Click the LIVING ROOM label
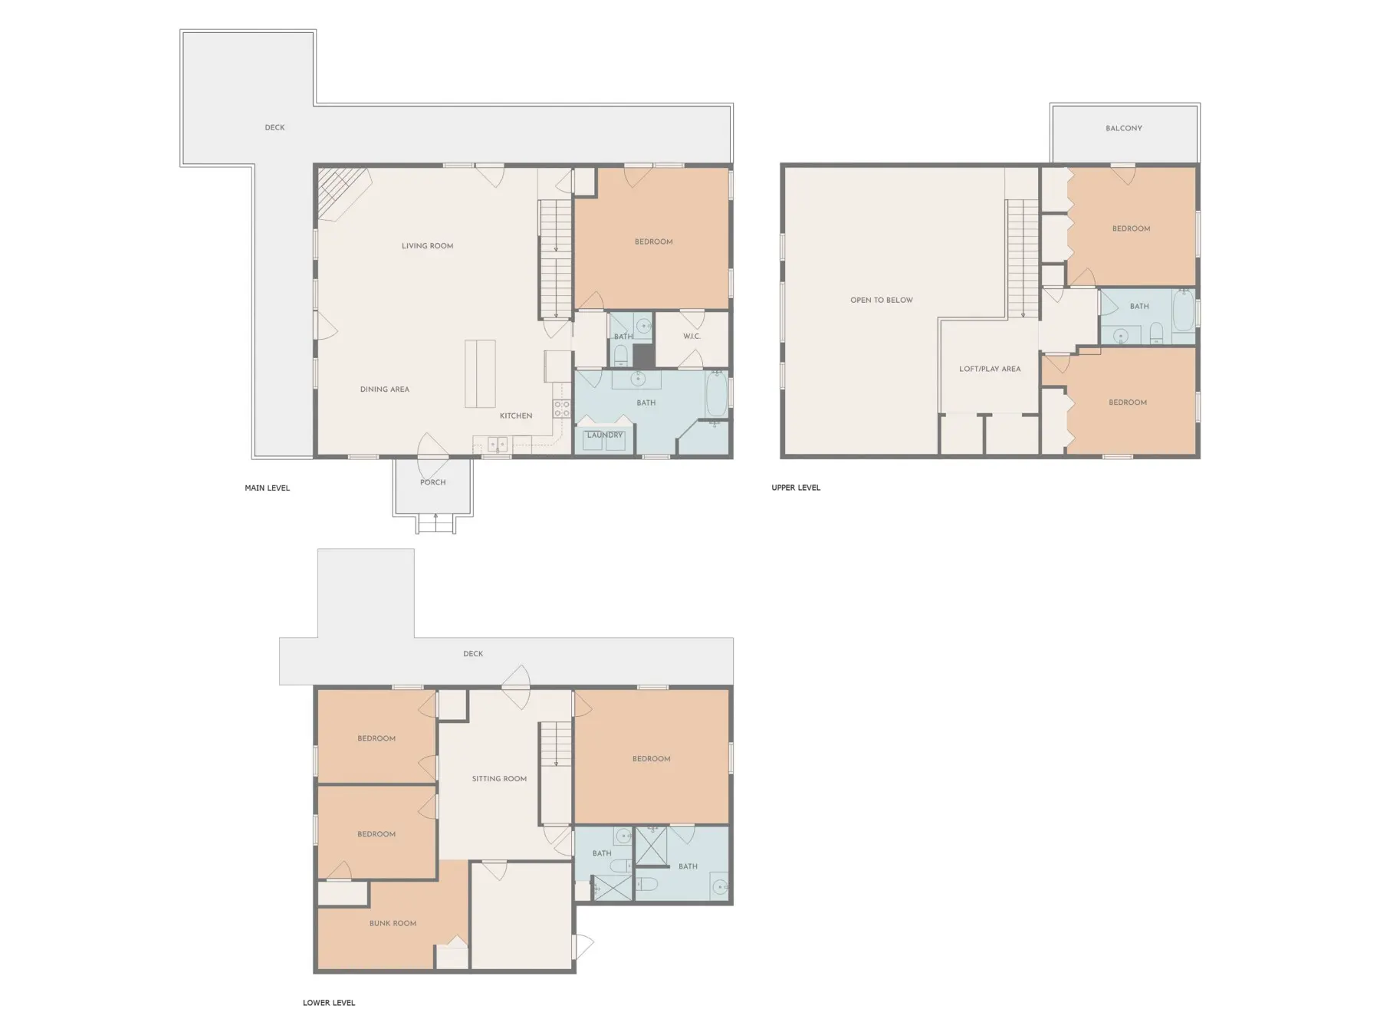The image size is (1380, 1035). pos(427,246)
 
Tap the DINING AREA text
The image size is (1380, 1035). pos(385,389)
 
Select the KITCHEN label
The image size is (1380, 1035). pos(516,416)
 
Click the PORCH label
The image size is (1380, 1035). pos(433,482)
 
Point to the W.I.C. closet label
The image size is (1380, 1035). pos(692,337)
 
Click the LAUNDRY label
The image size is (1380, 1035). pos(605,435)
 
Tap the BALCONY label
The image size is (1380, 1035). pos(1124,128)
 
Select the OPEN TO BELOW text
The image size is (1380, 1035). pos(882,300)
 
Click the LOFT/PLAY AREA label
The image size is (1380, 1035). pos(990,369)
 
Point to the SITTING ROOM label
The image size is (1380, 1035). pos(499,779)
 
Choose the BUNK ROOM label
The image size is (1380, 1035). pos(393,923)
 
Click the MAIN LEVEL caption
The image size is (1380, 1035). pos(268,488)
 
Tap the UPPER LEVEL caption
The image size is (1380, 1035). pos(796,488)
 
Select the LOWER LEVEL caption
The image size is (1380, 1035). pos(329,1003)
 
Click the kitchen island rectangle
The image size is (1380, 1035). pos(480,374)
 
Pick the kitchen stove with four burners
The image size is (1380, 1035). pos(562,409)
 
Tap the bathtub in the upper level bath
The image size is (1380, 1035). pos(1184,309)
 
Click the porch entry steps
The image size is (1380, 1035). pos(436,524)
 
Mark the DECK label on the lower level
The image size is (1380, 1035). pos(473,654)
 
